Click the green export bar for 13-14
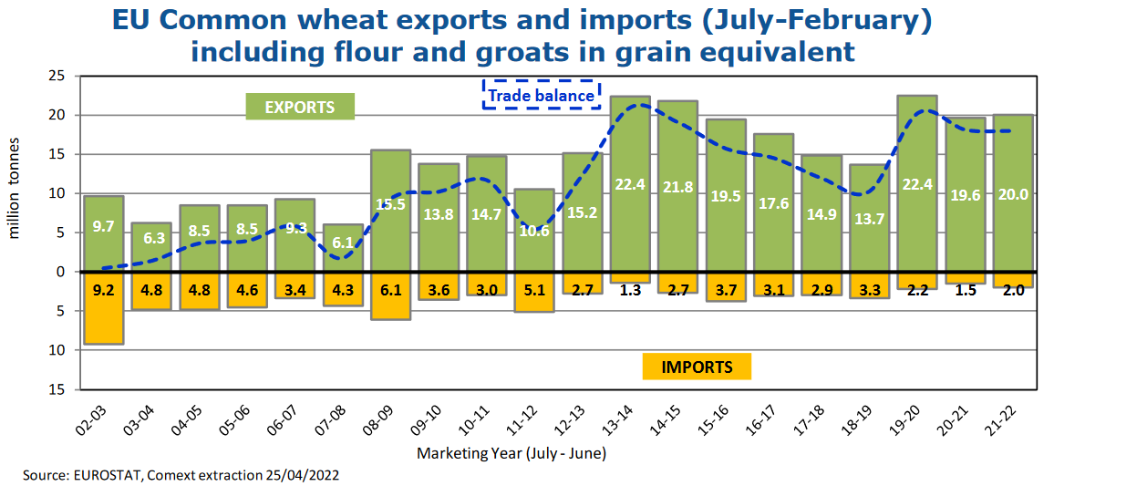tap(630, 183)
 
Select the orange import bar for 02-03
tap(104, 308)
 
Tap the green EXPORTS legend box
tap(300, 107)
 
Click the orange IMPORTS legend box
tap(697, 367)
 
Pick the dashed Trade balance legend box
tap(542, 95)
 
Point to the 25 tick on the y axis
tap(57, 76)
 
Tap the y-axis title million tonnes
tap(14, 189)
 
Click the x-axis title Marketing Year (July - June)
tap(511, 453)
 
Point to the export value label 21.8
tap(678, 187)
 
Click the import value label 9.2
tap(103, 290)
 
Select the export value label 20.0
tap(1013, 194)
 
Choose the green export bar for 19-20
tap(917, 183)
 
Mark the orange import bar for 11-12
tap(534, 292)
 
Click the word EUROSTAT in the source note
tap(107, 475)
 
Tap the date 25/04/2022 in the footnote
tap(302, 475)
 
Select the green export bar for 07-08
tap(343, 248)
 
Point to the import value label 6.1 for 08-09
tap(391, 290)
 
